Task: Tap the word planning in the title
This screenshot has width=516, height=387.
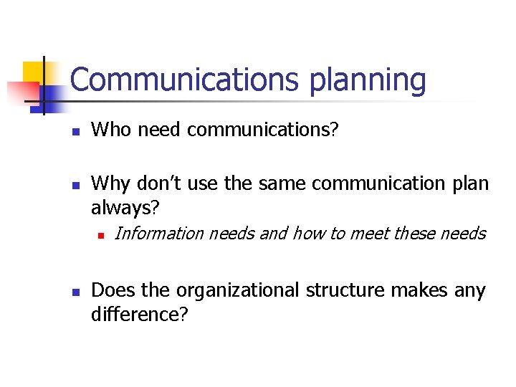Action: point(367,81)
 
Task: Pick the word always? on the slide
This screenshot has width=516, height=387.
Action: point(125,209)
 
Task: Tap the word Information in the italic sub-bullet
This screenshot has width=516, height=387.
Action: point(159,233)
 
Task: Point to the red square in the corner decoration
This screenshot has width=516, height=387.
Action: point(21,92)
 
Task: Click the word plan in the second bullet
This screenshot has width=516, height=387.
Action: point(469,184)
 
